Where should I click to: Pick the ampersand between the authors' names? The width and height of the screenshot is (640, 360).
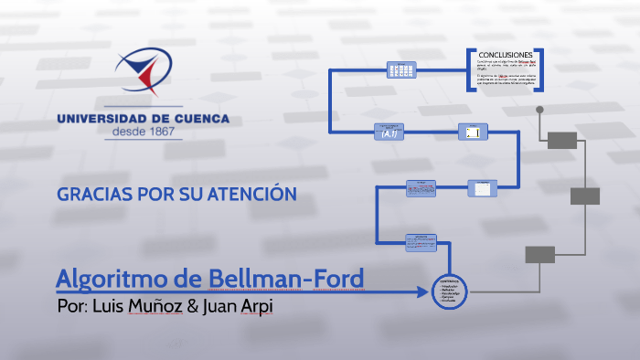(x=192, y=305)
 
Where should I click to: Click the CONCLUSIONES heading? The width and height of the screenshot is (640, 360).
(x=506, y=55)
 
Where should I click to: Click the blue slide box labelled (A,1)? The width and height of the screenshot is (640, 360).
(x=389, y=132)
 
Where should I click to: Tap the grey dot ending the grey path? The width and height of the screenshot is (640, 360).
(x=539, y=110)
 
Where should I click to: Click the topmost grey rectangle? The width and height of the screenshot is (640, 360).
(x=562, y=140)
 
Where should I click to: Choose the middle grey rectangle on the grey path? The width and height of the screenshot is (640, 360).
(x=585, y=196)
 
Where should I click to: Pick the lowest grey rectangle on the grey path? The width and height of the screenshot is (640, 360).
(x=540, y=254)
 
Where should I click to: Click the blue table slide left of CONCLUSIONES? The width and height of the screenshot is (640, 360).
(x=401, y=69)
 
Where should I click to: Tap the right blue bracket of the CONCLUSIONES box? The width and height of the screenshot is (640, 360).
(x=540, y=69)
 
